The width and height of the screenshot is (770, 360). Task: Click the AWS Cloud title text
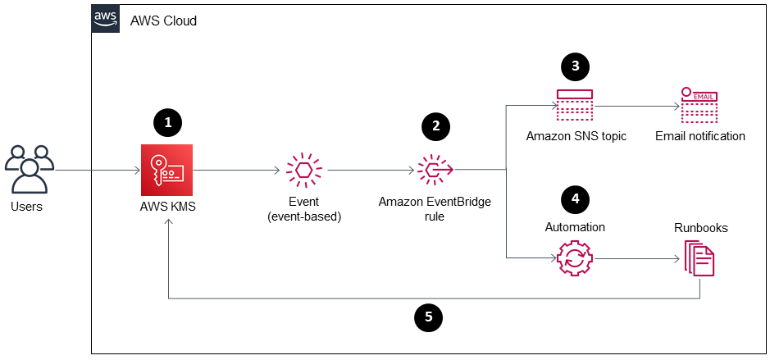[x=163, y=21]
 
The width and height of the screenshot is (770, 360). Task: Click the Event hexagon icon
[x=304, y=170]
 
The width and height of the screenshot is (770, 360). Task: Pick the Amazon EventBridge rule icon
[x=435, y=170]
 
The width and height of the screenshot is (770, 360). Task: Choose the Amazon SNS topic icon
[x=575, y=105]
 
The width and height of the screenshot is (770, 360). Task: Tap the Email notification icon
[x=699, y=105]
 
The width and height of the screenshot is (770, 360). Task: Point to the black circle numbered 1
[x=167, y=124]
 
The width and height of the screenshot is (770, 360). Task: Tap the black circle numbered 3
[x=575, y=66]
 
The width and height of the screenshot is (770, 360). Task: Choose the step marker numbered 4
[x=575, y=198]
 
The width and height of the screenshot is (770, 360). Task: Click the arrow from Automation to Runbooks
[x=636, y=258]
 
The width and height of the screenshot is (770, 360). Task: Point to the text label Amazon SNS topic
[x=576, y=136]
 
